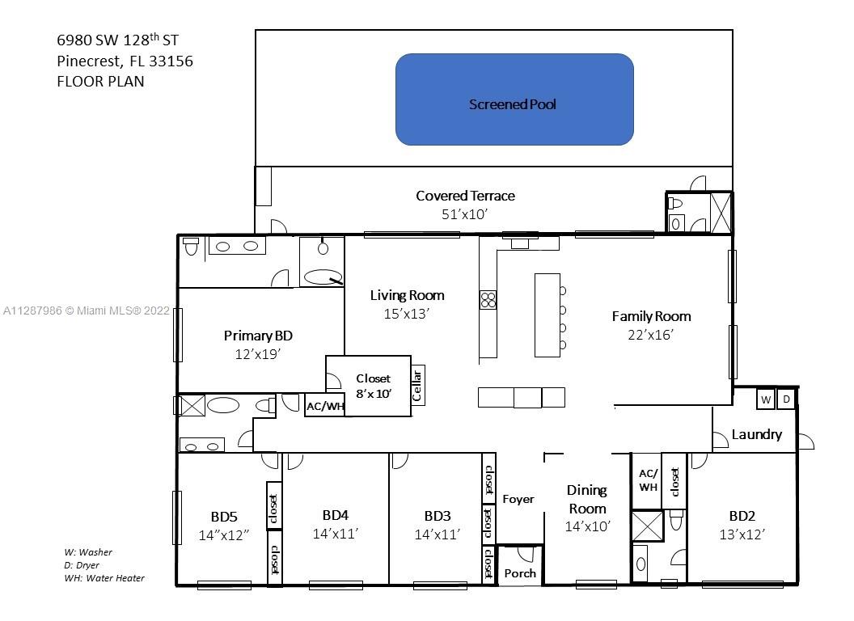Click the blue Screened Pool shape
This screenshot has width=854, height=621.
tap(514, 99)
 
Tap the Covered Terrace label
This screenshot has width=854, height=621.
tap(465, 196)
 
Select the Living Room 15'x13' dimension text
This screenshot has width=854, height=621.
tap(406, 314)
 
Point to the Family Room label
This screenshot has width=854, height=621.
tap(651, 316)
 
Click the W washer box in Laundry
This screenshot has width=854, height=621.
tap(766, 399)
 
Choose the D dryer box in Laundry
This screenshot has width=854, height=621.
tap(786, 399)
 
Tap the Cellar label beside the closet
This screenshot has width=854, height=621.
tap(417, 385)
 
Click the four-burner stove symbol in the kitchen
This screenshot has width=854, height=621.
tap(488, 300)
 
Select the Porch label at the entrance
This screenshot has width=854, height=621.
tap(520, 573)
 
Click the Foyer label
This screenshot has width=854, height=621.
tap(518, 499)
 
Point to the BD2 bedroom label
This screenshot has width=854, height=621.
tap(742, 515)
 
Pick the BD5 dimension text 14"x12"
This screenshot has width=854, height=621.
tap(224, 535)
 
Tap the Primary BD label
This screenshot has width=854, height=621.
tap(258, 336)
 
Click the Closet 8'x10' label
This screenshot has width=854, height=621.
tap(374, 386)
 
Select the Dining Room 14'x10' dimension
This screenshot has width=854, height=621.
tap(588, 526)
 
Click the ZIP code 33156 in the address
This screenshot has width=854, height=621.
tap(171, 61)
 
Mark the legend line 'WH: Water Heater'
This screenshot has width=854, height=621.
tap(104, 578)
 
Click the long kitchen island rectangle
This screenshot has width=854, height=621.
tap(547, 315)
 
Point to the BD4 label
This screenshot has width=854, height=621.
tap(336, 515)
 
